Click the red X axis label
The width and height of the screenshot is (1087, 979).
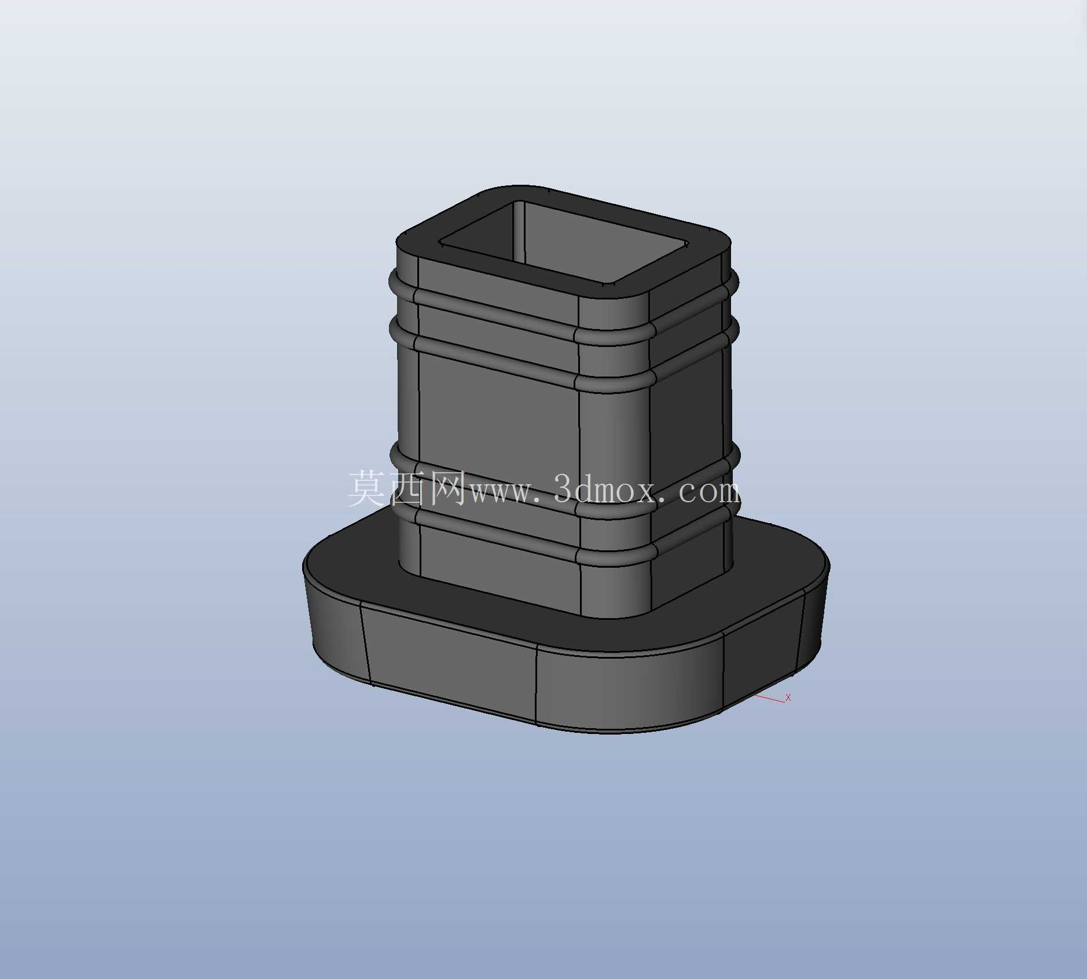pos(788,697)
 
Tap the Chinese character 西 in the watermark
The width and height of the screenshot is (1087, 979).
pos(407,488)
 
